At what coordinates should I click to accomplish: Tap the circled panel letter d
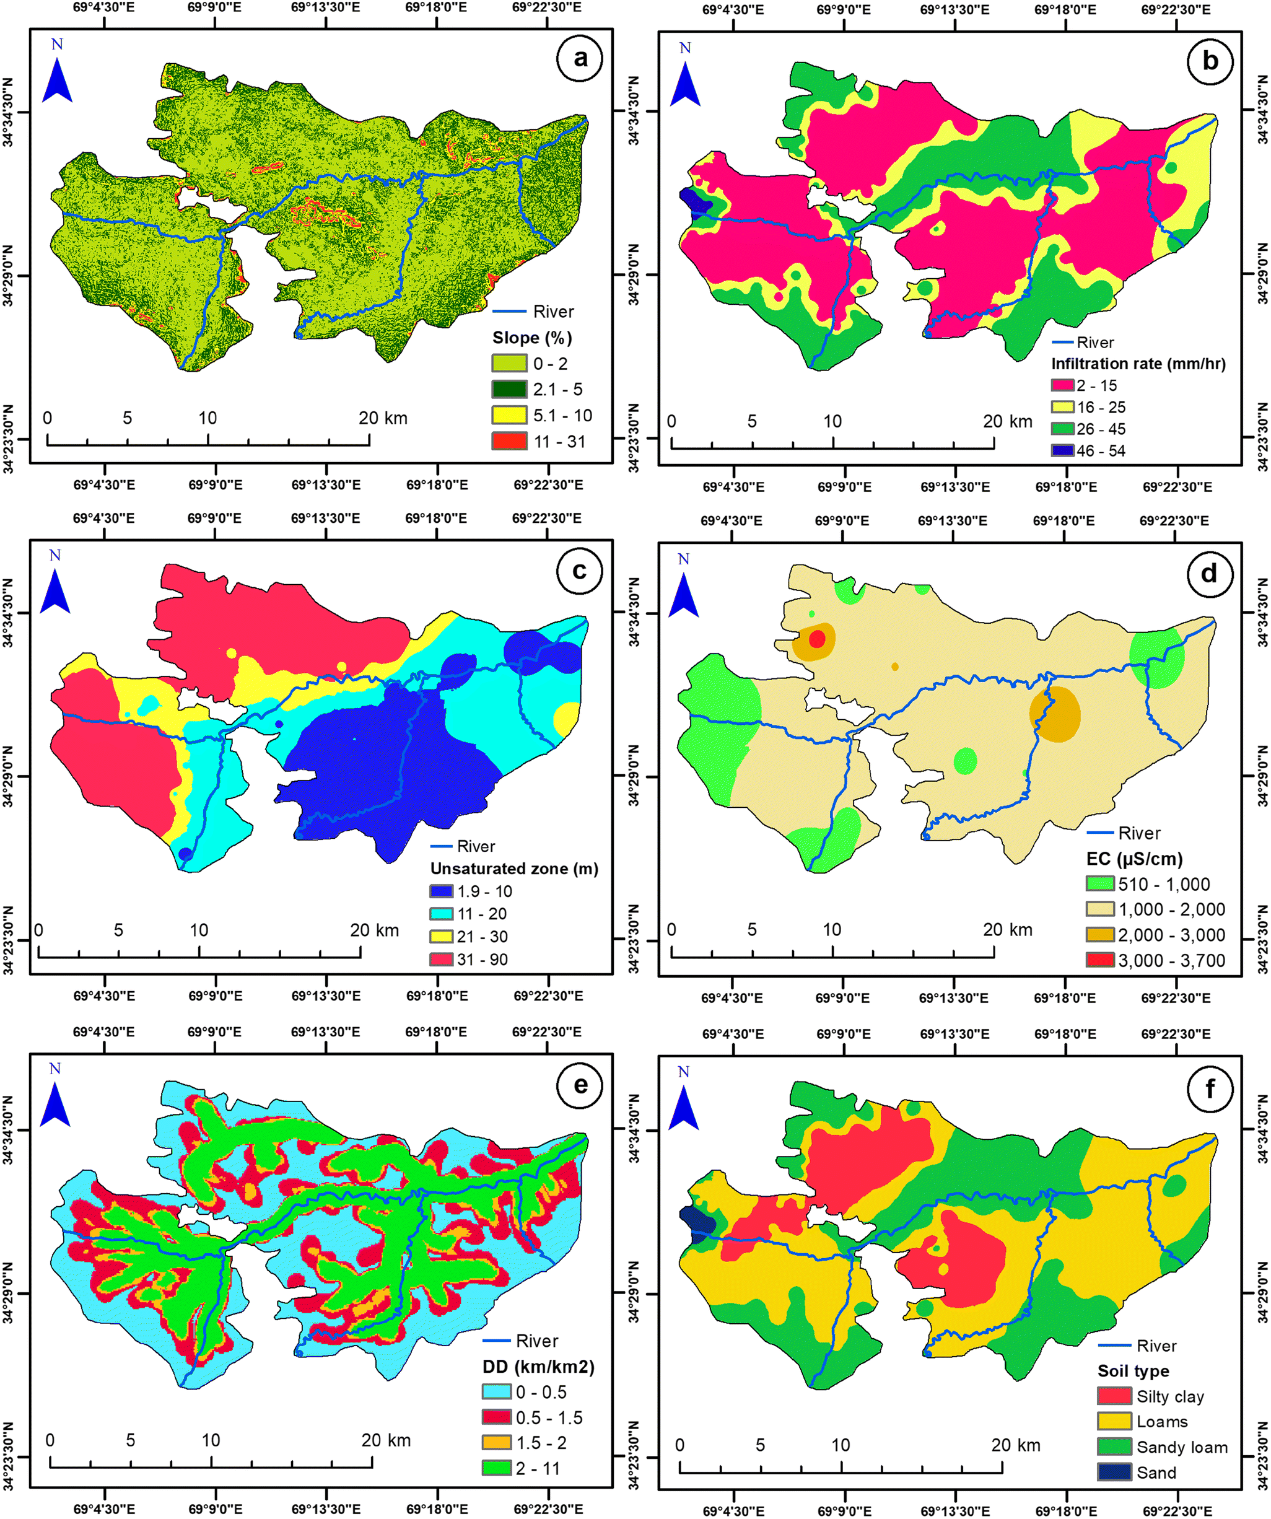[1209, 574]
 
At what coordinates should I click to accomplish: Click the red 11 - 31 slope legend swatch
[509, 440]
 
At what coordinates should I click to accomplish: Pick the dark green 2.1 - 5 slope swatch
[509, 388]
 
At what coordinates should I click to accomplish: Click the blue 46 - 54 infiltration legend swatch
[1062, 450]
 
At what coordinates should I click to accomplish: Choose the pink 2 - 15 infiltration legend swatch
[1062, 385]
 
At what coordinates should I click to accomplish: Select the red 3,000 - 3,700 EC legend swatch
[1099, 961]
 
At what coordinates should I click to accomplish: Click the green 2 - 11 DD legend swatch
[496, 1468]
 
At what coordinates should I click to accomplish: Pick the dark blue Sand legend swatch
[1114, 1472]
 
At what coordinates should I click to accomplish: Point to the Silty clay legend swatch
[1114, 1396]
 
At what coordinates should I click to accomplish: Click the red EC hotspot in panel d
[817, 639]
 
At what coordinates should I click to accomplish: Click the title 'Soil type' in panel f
[1133, 1371]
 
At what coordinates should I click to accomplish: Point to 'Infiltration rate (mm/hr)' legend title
[1138, 363]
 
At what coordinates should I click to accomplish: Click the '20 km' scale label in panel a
[383, 418]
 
